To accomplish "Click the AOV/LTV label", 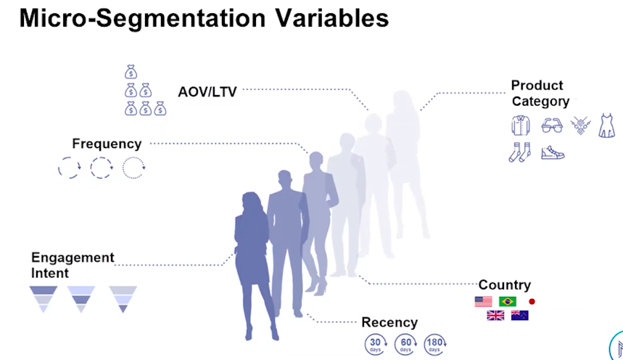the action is click(207, 92).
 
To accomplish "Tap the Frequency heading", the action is click(107, 144).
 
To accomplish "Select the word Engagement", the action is click(73, 258).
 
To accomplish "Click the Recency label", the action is click(389, 322).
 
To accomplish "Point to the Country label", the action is click(505, 285).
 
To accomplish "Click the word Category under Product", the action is click(540, 102).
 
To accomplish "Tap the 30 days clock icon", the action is click(376, 344).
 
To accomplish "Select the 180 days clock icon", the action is click(435, 344).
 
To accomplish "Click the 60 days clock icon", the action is click(405, 344).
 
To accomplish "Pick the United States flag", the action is click(483, 301).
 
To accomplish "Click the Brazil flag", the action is click(508, 301).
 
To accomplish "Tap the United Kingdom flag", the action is click(495, 316).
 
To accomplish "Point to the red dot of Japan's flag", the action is click(532, 301).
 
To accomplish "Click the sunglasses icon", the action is click(552, 126).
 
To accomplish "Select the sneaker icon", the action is click(553, 153).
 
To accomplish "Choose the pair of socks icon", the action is click(520, 152).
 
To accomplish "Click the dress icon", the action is click(607, 126).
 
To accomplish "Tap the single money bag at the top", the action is click(131, 72).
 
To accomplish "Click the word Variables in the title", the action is click(332, 18).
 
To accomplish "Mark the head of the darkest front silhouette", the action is click(252, 203).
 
